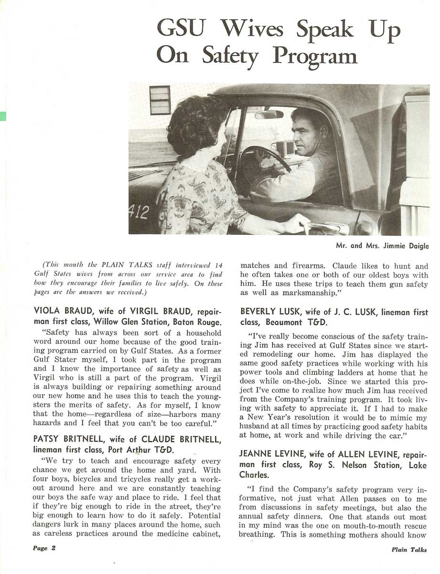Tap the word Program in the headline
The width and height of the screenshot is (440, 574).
[315, 56]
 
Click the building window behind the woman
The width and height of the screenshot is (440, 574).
[160, 100]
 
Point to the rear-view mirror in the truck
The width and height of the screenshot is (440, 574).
[269, 114]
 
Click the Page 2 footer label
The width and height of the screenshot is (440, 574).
[44, 549]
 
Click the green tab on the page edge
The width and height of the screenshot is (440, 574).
[2, 116]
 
